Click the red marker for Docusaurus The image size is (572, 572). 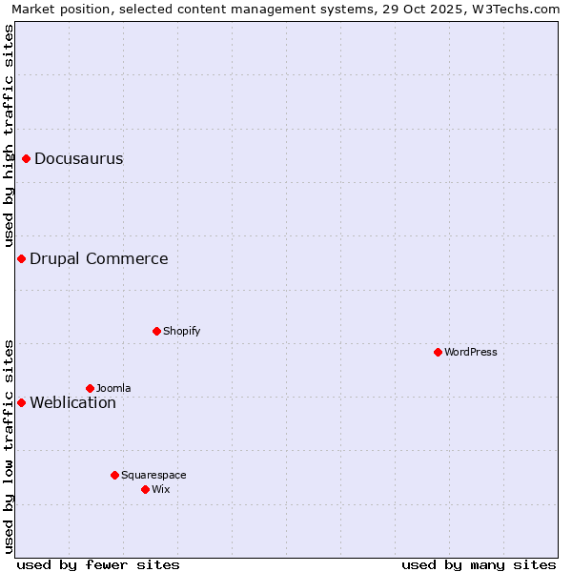27,158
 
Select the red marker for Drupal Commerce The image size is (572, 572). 21,258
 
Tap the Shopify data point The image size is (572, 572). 157,331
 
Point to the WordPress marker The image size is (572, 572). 439,352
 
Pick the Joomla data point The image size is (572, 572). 91,388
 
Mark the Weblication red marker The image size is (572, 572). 21,402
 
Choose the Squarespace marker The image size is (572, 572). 115,475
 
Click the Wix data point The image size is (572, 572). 146,489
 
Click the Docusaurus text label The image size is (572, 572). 78,158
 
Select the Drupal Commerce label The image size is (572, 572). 98,258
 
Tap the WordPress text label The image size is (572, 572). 471,352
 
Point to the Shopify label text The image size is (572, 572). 181,331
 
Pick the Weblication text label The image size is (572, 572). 72,402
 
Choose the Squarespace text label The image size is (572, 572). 153,475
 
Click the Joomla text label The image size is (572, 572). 113,388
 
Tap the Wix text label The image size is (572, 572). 161,489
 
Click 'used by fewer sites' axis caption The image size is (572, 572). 98,564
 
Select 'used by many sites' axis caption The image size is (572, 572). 479,564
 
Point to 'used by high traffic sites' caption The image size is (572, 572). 9,135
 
